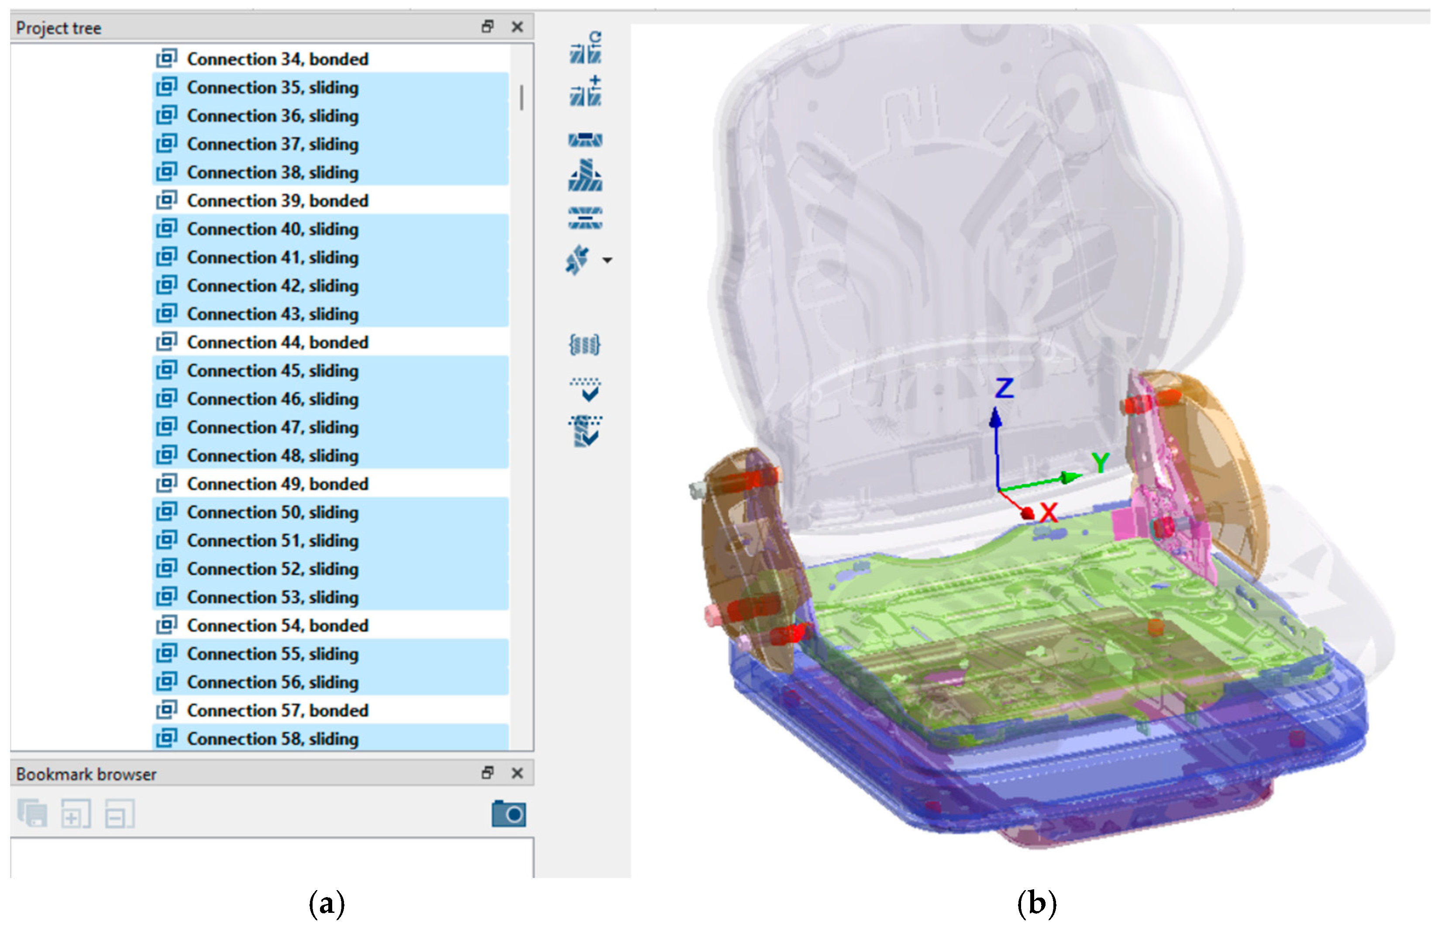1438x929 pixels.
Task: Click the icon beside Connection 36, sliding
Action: [166, 115]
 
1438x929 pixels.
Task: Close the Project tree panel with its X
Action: [517, 27]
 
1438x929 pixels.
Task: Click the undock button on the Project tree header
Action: [487, 27]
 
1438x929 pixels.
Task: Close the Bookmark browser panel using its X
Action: [517, 773]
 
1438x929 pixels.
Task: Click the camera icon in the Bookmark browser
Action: [509, 814]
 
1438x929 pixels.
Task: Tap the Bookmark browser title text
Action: [86, 774]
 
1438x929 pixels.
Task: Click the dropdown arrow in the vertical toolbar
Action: [607, 261]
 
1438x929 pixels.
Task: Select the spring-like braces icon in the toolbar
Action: [585, 345]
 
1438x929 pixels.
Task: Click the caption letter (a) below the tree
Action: [327, 904]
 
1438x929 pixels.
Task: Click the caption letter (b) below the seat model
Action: [1036, 904]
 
